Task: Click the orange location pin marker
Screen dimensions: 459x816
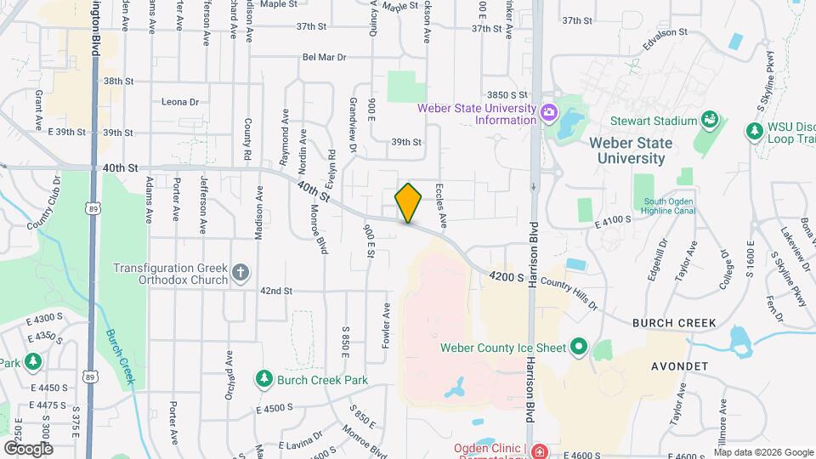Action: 408,202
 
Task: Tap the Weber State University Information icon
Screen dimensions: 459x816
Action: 548,112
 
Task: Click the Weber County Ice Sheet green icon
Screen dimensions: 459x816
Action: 579,346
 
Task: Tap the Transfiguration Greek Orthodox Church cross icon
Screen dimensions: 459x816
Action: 241,273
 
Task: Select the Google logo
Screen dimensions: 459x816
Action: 27,448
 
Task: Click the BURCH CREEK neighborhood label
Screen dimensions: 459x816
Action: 674,324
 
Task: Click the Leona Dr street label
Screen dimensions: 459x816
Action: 179,102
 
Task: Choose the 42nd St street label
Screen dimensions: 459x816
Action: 276,291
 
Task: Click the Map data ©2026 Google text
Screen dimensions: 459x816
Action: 762,451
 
